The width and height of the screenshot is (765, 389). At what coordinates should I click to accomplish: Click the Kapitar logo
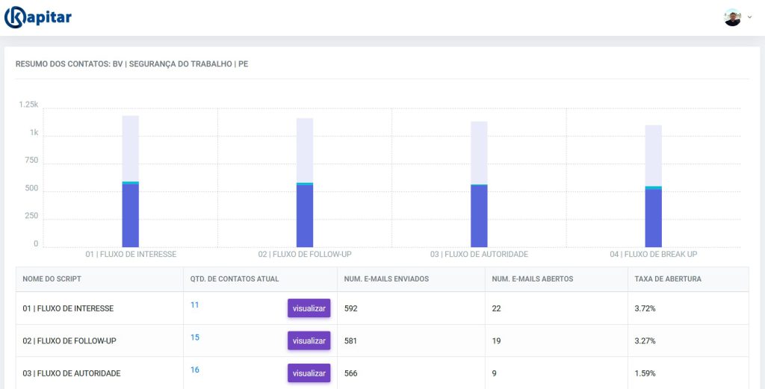pyautogui.click(x=38, y=18)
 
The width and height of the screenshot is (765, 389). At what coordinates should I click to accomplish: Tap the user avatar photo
pyautogui.click(x=732, y=18)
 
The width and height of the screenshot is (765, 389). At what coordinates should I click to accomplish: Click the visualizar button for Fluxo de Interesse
pyautogui.click(x=309, y=308)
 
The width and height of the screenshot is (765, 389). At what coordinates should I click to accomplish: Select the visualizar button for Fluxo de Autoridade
pyautogui.click(x=309, y=373)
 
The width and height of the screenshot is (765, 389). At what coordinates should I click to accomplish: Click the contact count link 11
pyautogui.click(x=195, y=305)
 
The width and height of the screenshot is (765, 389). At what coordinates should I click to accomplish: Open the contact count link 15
pyautogui.click(x=195, y=337)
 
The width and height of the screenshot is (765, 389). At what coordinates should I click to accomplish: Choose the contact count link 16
pyautogui.click(x=195, y=370)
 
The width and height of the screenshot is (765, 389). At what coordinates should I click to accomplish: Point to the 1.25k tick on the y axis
pyautogui.click(x=28, y=105)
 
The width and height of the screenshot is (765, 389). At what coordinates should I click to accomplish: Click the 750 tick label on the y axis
pyautogui.click(x=31, y=160)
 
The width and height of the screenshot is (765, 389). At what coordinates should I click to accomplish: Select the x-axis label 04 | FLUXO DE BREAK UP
pyautogui.click(x=653, y=254)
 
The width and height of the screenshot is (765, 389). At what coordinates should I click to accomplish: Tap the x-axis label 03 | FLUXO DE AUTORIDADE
pyautogui.click(x=479, y=254)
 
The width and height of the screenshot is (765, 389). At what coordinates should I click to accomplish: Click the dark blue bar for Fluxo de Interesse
pyautogui.click(x=130, y=216)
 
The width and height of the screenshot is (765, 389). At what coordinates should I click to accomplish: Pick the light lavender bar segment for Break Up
pyautogui.click(x=653, y=155)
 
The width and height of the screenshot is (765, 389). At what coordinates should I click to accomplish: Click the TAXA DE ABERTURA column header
pyautogui.click(x=668, y=278)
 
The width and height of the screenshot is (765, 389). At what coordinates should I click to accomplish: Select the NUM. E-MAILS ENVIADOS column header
pyautogui.click(x=386, y=278)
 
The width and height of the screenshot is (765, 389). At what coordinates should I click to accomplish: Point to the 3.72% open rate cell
pyautogui.click(x=645, y=308)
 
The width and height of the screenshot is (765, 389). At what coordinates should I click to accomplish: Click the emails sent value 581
pyautogui.click(x=350, y=340)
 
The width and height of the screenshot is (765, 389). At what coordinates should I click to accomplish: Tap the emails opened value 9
pyautogui.click(x=495, y=373)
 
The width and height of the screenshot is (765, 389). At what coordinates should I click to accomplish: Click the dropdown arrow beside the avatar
pyautogui.click(x=749, y=17)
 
